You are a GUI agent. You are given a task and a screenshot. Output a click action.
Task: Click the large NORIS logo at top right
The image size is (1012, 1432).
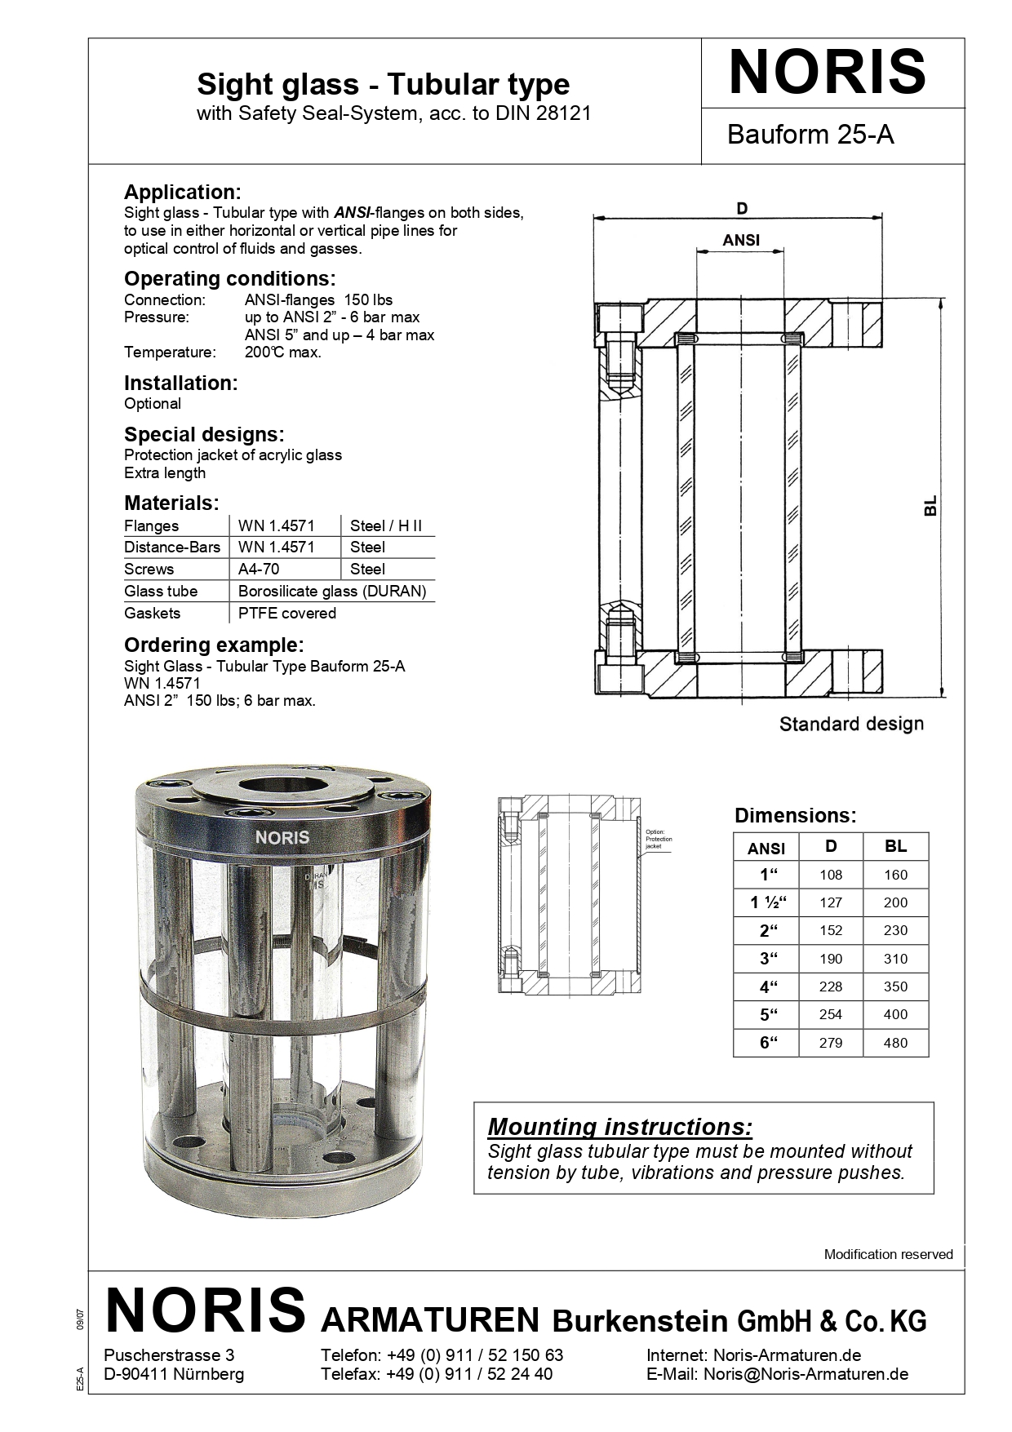(x=827, y=72)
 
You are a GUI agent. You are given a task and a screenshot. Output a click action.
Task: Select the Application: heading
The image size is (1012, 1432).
(x=182, y=193)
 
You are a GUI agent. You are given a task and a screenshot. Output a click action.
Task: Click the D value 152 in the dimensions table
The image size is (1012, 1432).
(x=830, y=930)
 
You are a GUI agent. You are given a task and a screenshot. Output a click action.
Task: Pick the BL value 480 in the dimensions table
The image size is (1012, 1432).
(x=894, y=1043)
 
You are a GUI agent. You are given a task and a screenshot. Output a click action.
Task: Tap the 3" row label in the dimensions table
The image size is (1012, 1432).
(x=767, y=960)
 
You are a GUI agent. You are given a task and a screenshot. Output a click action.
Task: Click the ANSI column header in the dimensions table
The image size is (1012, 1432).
(x=766, y=849)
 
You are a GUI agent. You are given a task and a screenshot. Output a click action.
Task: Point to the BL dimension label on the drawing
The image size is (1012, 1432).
(x=930, y=506)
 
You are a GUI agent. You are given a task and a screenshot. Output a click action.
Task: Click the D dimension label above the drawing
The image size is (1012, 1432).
(x=741, y=209)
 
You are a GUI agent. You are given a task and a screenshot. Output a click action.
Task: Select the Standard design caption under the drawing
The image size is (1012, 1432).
(x=850, y=724)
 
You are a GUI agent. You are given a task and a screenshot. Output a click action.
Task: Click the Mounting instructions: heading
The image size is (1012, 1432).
(x=619, y=1127)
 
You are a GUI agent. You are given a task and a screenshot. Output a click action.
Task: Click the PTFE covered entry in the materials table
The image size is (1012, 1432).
(x=286, y=613)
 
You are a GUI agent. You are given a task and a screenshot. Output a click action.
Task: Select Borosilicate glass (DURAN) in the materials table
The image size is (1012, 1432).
(x=331, y=591)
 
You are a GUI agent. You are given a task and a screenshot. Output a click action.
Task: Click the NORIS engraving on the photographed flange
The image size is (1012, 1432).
(x=282, y=837)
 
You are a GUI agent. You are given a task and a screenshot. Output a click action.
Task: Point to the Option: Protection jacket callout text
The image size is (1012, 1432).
(x=659, y=839)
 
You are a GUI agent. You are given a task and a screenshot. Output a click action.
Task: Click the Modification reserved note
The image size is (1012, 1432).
(x=888, y=1254)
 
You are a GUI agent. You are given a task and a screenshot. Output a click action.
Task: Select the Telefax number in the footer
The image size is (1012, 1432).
(x=469, y=1373)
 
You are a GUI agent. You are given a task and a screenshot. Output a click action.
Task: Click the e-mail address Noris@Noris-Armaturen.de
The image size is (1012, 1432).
(x=806, y=1373)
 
